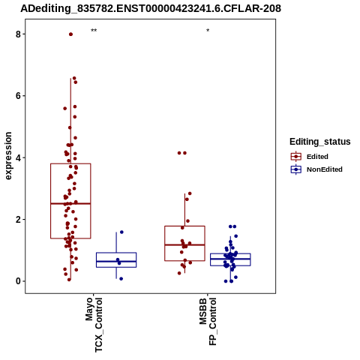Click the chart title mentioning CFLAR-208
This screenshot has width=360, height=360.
[151, 8]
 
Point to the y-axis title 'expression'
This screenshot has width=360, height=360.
[8, 156]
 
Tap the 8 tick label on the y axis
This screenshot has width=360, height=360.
[18, 34]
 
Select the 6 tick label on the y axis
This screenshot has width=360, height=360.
[18, 96]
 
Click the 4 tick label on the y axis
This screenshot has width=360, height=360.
[18, 157]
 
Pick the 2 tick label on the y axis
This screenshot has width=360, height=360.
[18, 219]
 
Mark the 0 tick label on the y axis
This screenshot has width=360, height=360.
[18, 281]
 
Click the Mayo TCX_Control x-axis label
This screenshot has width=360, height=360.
[94, 325]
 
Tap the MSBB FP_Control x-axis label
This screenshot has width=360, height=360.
[208, 322]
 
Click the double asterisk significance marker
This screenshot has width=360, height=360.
[94, 31]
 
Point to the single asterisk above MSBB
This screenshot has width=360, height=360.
[208, 31]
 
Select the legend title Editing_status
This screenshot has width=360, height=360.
[320, 142]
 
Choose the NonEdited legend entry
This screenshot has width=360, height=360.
[316, 169]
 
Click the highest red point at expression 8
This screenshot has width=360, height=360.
[70, 34]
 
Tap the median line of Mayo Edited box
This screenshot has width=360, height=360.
[70, 203]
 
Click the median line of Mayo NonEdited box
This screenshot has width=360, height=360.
[116, 261]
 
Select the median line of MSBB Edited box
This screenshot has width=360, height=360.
[184, 244]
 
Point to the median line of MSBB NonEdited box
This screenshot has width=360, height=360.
[230, 259]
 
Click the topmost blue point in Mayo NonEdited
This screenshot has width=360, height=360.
[121, 232]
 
